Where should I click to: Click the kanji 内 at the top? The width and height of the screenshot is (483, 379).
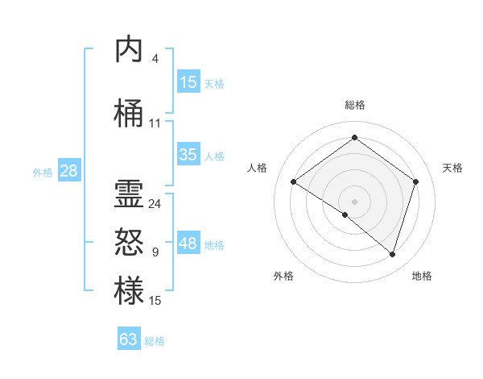click(129, 49)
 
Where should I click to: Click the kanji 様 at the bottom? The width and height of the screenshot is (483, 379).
click(129, 290)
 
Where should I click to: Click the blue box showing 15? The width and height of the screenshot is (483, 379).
click(188, 81)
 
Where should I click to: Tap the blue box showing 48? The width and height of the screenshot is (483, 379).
click(188, 244)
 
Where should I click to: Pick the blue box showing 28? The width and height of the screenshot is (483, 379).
click(68, 170)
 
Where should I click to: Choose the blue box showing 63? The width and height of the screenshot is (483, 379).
click(129, 339)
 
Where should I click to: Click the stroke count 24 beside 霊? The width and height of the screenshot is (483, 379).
click(155, 204)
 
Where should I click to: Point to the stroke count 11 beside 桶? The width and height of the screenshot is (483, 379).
click(155, 123)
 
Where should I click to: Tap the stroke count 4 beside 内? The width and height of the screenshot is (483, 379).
click(155, 59)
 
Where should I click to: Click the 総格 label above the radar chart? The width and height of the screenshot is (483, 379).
click(354, 105)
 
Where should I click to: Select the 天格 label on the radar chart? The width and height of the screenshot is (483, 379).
click(452, 168)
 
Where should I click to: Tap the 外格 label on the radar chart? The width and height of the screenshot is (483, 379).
click(283, 276)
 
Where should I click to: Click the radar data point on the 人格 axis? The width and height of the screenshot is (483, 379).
click(294, 181)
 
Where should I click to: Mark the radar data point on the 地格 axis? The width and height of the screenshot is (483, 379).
click(392, 254)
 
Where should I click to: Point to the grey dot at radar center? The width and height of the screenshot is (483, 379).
click(354, 201)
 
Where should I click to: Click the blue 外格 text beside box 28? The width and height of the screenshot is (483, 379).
click(42, 172)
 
